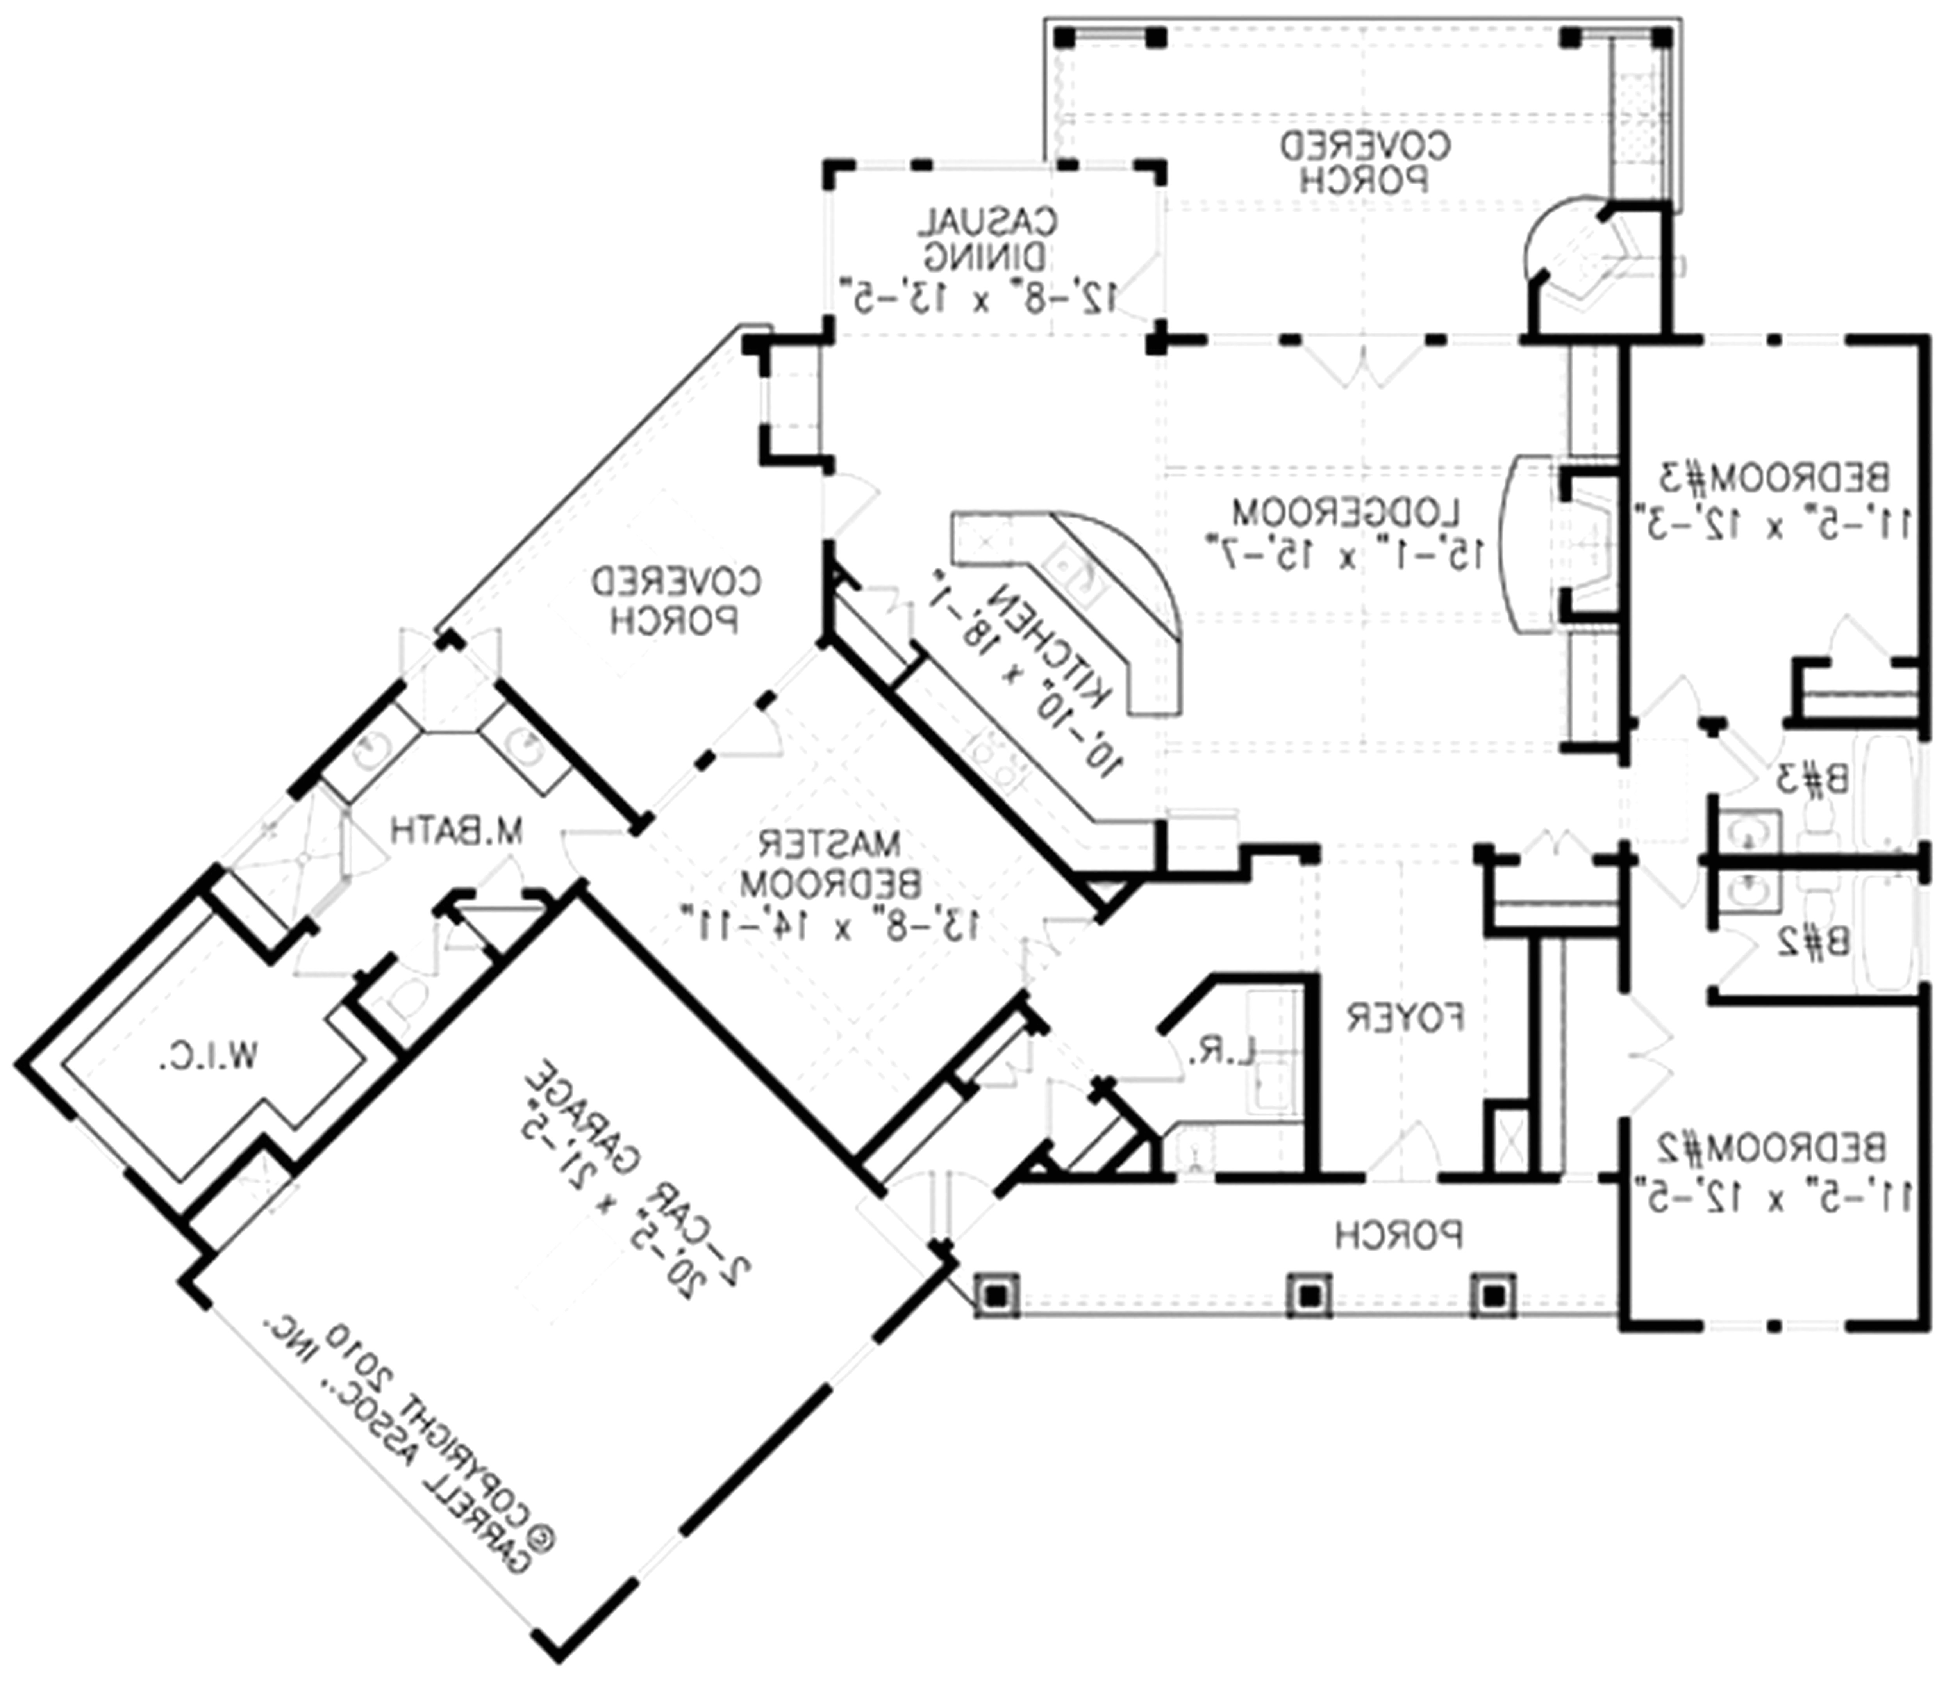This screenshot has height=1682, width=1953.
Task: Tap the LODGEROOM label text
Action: (1346, 513)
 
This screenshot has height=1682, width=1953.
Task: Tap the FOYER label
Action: (1405, 1018)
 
